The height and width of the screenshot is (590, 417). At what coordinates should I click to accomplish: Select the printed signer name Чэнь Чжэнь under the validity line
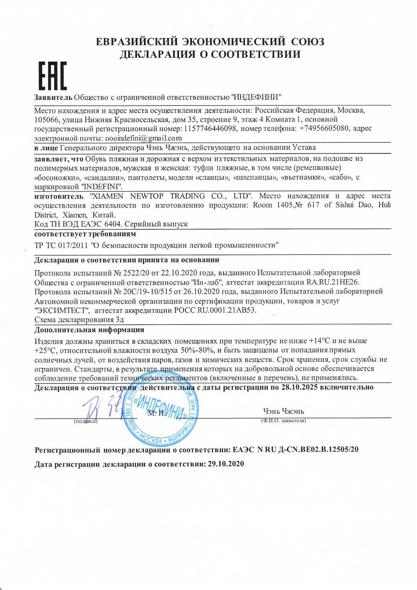[x=284, y=411]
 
